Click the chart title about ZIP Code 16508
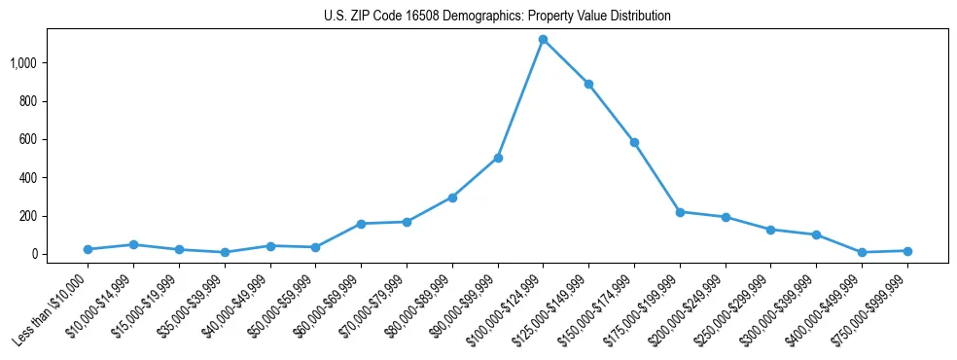coord(497,16)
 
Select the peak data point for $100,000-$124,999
coord(544,40)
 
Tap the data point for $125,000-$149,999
coord(589,85)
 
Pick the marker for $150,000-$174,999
coord(634,142)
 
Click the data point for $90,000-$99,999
coord(498,158)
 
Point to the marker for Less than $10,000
coord(89,249)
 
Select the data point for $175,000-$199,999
coord(680,211)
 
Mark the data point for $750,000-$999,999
coord(907,251)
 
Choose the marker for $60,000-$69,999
coord(361,224)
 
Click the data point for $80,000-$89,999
coord(452,198)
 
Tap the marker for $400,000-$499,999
coord(862,252)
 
